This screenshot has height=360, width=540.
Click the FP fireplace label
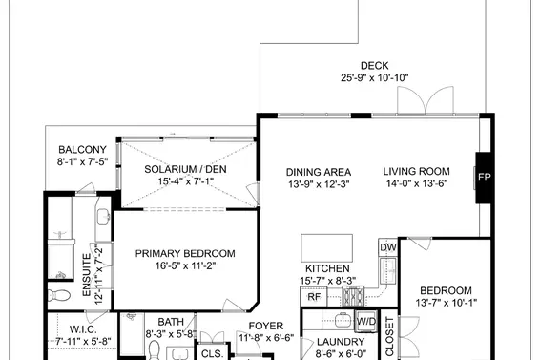(x=484, y=178)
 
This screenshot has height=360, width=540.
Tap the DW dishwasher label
(x=387, y=247)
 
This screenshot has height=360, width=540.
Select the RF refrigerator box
(x=314, y=297)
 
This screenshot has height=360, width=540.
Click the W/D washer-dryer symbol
(x=366, y=322)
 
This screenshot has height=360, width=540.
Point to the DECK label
(x=374, y=66)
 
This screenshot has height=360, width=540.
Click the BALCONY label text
(x=82, y=150)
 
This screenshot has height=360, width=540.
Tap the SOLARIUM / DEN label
(x=185, y=169)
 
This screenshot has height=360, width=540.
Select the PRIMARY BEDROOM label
(x=185, y=253)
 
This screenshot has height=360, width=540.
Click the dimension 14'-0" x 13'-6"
(x=417, y=183)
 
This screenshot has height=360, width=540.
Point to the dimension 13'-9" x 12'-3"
(x=319, y=184)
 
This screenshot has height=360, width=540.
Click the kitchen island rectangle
(x=326, y=248)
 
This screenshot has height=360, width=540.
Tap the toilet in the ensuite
(x=59, y=295)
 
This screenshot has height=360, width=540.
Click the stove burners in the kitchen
(x=353, y=297)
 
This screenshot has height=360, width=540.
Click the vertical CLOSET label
(x=389, y=337)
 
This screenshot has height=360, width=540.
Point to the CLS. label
(x=213, y=353)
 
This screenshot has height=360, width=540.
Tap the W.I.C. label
(x=83, y=328)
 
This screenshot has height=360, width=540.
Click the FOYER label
(x=266, y=326)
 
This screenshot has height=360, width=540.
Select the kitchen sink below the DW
(x=388, y=270)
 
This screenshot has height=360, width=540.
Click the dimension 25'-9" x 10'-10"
(x=375, y=78)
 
